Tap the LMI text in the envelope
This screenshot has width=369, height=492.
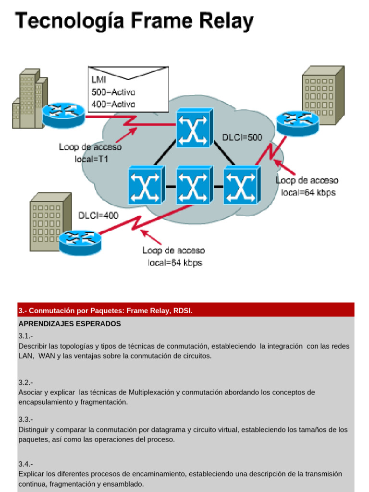(98, 80)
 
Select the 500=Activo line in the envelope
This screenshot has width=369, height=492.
(113, 92)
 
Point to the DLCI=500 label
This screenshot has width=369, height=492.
(242, 137)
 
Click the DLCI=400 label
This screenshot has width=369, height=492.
(98, 216)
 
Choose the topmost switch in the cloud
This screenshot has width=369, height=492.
(194, 127)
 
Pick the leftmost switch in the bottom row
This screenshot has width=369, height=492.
(147, 185)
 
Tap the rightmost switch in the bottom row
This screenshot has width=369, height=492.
(241, 185)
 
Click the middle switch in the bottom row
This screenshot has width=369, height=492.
(194, 185)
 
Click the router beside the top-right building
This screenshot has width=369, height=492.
(297, 123)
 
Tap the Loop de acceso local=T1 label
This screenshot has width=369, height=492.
(90, 152)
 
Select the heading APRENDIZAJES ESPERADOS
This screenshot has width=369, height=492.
(70, 324)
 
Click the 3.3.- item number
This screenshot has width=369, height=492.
(26, 419)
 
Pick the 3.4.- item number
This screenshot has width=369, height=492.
(26, 464)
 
